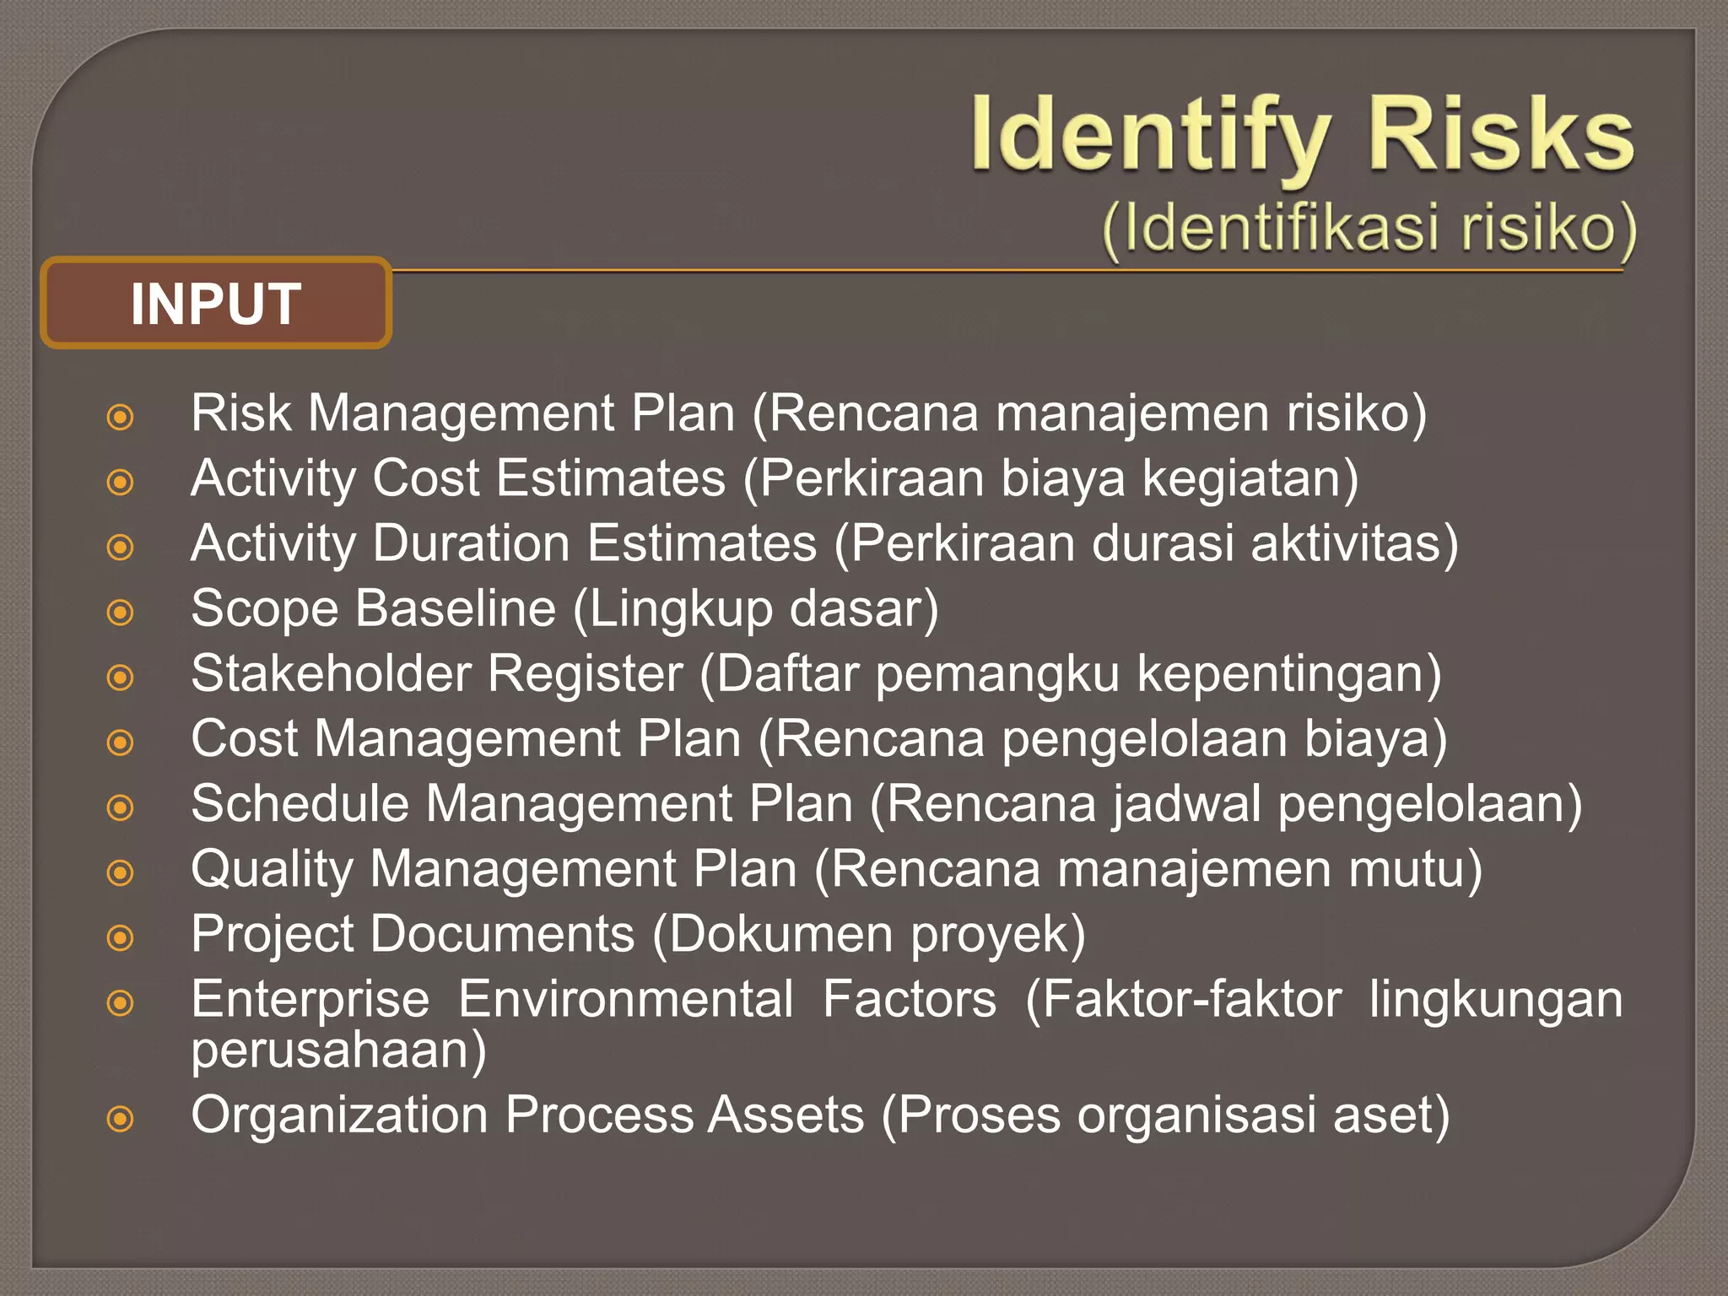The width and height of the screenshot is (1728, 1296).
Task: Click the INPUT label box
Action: [215, 303]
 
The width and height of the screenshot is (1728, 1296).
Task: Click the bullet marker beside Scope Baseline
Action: [121, 613]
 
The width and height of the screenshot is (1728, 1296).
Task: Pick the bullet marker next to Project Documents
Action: [121, 937]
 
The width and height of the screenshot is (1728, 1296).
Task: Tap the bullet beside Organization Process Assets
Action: [121, 1119]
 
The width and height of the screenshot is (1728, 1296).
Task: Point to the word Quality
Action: [273, 870]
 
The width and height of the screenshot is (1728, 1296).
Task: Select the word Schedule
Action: [300, 803]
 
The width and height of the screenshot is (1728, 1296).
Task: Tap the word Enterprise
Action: [310, 1000]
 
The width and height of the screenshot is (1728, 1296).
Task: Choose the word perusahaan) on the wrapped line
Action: [338, 1050]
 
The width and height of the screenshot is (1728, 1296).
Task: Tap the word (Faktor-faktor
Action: [1183, 1000]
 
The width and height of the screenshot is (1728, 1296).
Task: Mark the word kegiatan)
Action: [1250, 478]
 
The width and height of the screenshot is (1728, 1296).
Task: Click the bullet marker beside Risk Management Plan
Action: [121, 417]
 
